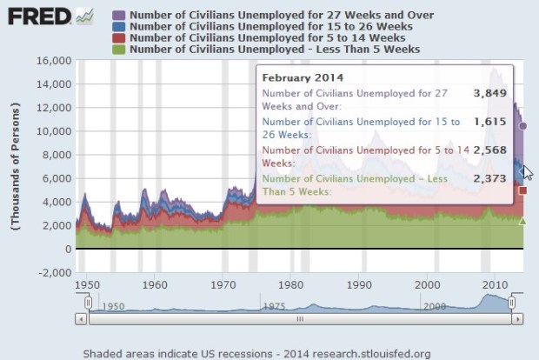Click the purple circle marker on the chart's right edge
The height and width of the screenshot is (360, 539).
click(522, 126)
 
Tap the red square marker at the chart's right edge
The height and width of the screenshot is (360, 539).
click(522, 190)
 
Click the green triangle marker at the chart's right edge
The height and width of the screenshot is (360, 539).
click(522, 221)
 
